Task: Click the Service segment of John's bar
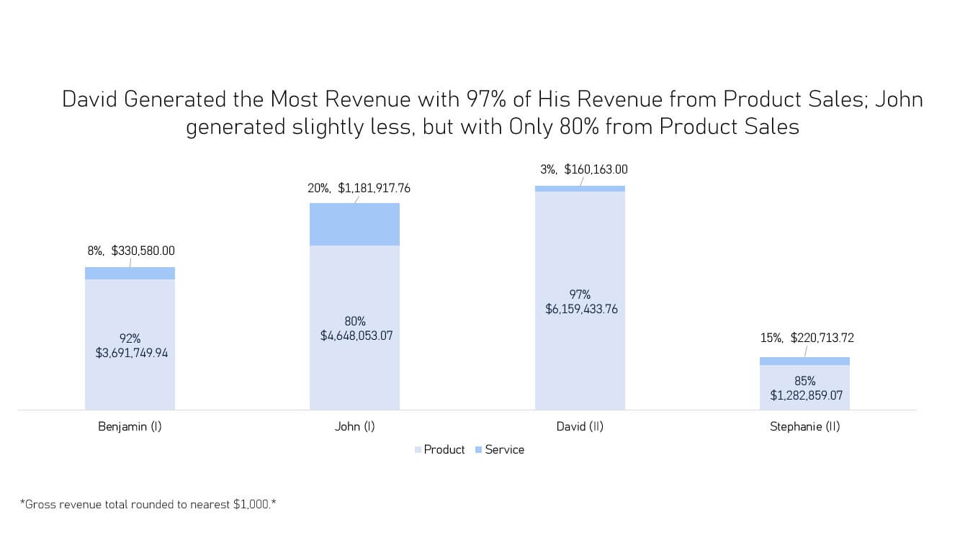pos(354,224)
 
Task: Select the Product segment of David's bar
pos(580,360)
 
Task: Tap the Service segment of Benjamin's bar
pos(130,273)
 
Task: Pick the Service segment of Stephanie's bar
pos(804,361)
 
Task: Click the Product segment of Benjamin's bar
pos(130,382)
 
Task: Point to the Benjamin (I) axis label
pos(130,426)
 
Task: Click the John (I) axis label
pos(354,426)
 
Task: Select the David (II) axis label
pos(580,426)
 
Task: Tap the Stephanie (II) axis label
pos(804,426)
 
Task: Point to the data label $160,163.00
pos(596,170)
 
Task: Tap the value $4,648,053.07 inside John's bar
pos(356,335)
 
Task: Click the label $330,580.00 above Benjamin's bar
pos(143,251)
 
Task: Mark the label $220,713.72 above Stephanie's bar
pos(822,338)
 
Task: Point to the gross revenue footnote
pos(148,504)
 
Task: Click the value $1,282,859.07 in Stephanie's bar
pos(806,395)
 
